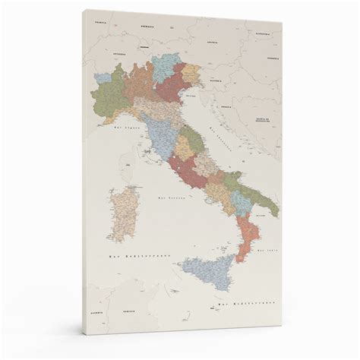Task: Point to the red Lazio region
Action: click(x=186, y=171)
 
